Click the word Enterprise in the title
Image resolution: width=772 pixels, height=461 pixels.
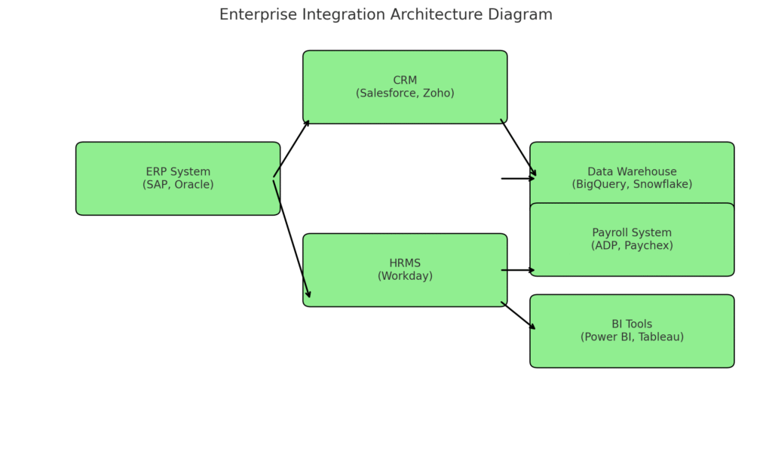click(254, 15)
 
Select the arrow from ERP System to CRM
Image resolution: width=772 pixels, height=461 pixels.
click(292, 149)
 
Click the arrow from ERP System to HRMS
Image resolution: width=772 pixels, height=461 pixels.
click(292, 238)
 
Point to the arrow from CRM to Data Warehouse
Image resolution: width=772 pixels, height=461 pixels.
click(519, 148)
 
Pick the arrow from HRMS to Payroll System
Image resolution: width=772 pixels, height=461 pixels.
click(518, 270)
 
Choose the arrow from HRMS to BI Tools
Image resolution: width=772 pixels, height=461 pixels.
click(519, 315)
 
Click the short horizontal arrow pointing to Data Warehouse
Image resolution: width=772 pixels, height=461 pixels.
click(518, 179)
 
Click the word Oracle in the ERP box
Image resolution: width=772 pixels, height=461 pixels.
click(192, 185)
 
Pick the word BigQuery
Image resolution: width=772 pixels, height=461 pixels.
click(601, 185)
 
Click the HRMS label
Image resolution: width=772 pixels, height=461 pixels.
click(405, 263)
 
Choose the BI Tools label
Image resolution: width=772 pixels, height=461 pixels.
click(632, 324)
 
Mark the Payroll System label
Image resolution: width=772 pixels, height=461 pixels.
click(632, 233)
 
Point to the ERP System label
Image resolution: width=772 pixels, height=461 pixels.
click(178, 172)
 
